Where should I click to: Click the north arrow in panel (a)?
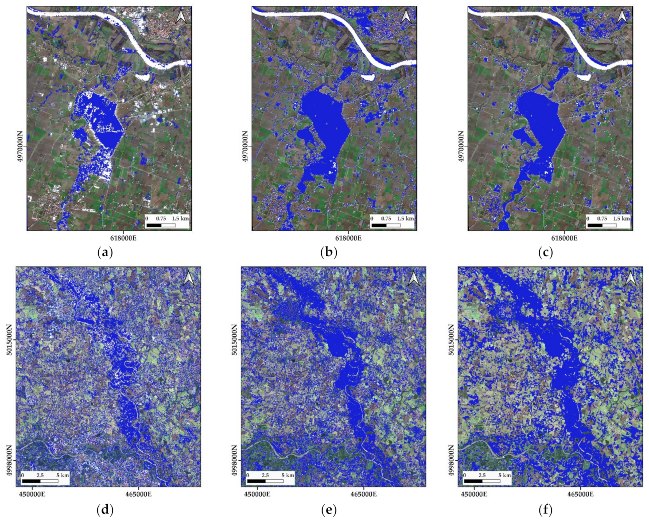(181, 17)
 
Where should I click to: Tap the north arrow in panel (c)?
(622, 17)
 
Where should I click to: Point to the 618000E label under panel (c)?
(564, 238)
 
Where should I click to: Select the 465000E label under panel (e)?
(364, 494)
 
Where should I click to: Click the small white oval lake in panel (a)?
(142, 76)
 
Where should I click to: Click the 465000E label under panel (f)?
(580, 494)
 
